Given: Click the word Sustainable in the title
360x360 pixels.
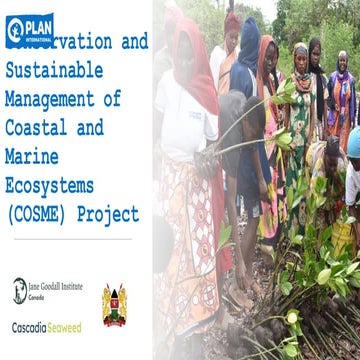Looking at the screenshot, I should tap(56, 71).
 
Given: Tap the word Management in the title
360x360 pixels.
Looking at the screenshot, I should tap(51, 99).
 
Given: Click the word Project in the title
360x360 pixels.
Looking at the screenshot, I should tap(111, 214).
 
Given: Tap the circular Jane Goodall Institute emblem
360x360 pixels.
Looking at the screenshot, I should tap(19, 289).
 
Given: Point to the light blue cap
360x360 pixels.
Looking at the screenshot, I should tap(353, 141).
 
